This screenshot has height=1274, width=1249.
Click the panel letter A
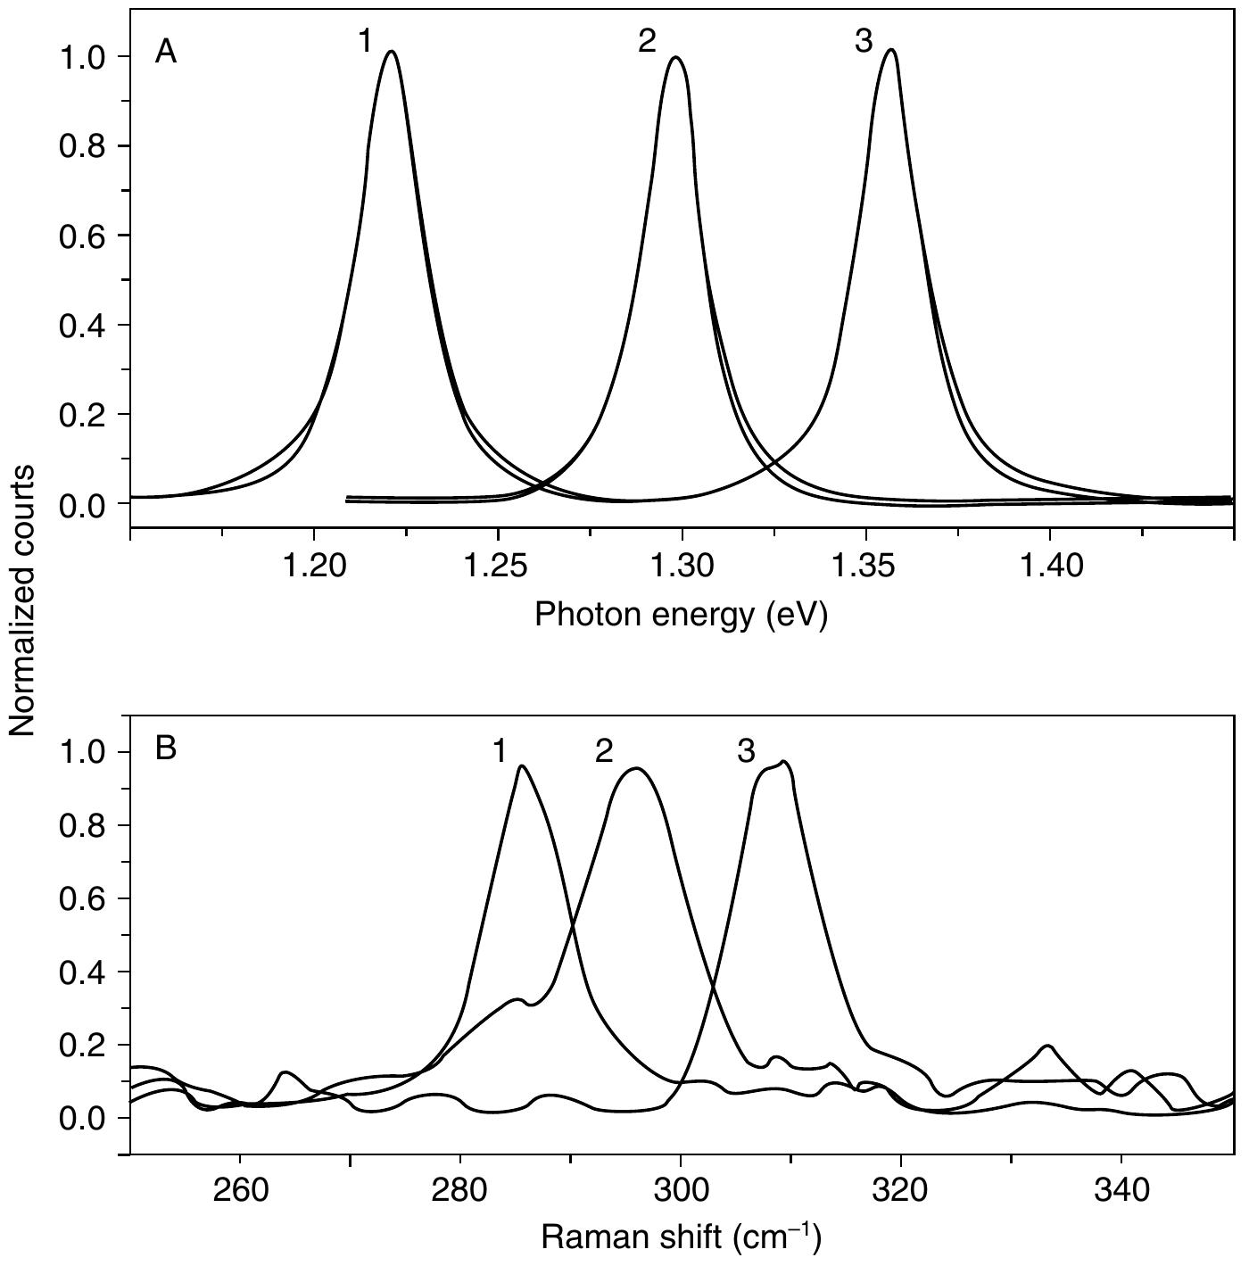coord(166,53)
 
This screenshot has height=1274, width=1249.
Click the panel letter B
coord(166,748)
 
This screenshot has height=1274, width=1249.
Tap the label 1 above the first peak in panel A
coord(365,41)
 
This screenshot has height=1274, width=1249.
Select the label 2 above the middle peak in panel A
coord(647,41)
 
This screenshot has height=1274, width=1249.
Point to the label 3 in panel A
coord(863,41)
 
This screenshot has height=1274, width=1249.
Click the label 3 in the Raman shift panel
coord(746,752)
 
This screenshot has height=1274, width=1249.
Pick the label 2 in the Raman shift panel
coord(604,752)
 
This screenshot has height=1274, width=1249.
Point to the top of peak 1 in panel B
coord(522,765)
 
